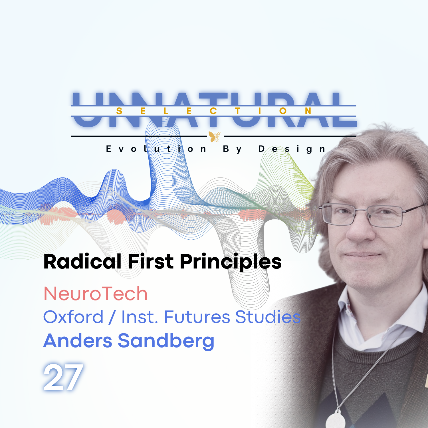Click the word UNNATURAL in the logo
[214, 110]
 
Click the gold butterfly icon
[214, 136]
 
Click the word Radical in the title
[82, 262]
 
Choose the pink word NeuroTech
[96, 294]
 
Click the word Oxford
[73, 317]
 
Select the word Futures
[197, 317]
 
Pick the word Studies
[268, 317]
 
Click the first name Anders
[78, 341]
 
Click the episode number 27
[63, 377]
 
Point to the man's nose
[360, 231]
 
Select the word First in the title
[150, 262]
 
